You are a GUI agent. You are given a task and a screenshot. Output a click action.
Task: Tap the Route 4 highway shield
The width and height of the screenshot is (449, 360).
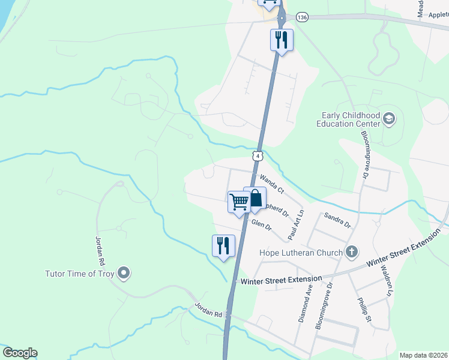[x=257, y=155]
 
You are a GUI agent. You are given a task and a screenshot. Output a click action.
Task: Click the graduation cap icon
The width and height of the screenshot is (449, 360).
[x=388, y=119]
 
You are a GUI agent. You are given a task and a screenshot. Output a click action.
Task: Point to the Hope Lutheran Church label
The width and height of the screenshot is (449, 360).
[x=301, y=253]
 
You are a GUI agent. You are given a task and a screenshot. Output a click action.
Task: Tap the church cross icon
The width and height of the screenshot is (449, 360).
[x=352, y=252]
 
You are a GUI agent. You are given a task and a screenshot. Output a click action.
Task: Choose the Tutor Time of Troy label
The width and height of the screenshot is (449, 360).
[x=80, y=274]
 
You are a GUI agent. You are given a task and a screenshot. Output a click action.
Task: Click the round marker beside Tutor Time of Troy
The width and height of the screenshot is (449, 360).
[x=124, y=273]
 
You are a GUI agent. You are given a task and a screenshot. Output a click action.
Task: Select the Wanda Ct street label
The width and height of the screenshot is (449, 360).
[x=272, y=183]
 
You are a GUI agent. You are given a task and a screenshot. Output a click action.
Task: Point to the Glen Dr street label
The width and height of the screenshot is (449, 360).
[x=262, y=226]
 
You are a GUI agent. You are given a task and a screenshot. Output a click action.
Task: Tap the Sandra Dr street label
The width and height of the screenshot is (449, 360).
[x=337, y=220]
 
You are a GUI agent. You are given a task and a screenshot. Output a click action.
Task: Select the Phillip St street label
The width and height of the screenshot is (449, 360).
[x=364, y=312]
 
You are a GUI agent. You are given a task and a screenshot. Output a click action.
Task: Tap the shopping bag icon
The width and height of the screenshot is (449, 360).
[x=255, y=198]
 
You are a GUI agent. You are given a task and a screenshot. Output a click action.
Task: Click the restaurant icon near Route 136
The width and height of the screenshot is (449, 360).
[x=282, y=40]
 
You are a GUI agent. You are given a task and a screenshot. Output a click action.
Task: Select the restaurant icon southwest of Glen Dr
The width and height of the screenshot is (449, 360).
[x=223, y=245]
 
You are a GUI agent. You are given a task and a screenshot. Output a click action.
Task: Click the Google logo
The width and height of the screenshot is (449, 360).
[x=20, y=353]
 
